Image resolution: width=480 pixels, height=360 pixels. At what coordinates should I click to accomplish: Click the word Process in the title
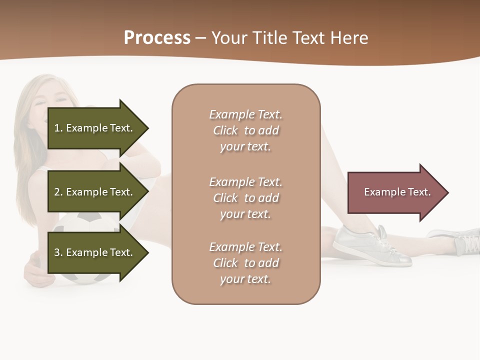click(x=157, y=38)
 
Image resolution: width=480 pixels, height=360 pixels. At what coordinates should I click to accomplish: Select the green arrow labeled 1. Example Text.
click(x=97, y=128)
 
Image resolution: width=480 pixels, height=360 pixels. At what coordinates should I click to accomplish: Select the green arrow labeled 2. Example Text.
click(x=97, y=192)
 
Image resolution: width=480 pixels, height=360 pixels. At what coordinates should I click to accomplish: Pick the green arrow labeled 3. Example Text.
click(x=97, y=252)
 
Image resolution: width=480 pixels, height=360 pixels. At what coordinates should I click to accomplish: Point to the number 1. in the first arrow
click(x=58, y=128)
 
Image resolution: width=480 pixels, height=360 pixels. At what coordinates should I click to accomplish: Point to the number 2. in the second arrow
click(x=58, y=192)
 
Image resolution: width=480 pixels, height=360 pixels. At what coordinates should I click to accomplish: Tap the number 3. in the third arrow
click(x=58, y=252)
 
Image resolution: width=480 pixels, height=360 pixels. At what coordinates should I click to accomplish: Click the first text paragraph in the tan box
click(x=245, y=130)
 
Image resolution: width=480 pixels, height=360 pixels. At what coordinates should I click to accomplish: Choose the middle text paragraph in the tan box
click(x=245, y=198)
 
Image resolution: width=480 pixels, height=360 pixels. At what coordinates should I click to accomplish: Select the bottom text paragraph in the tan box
click(x=245, y=263)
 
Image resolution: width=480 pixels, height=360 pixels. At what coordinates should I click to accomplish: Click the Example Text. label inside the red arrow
click(x=397, y=192)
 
